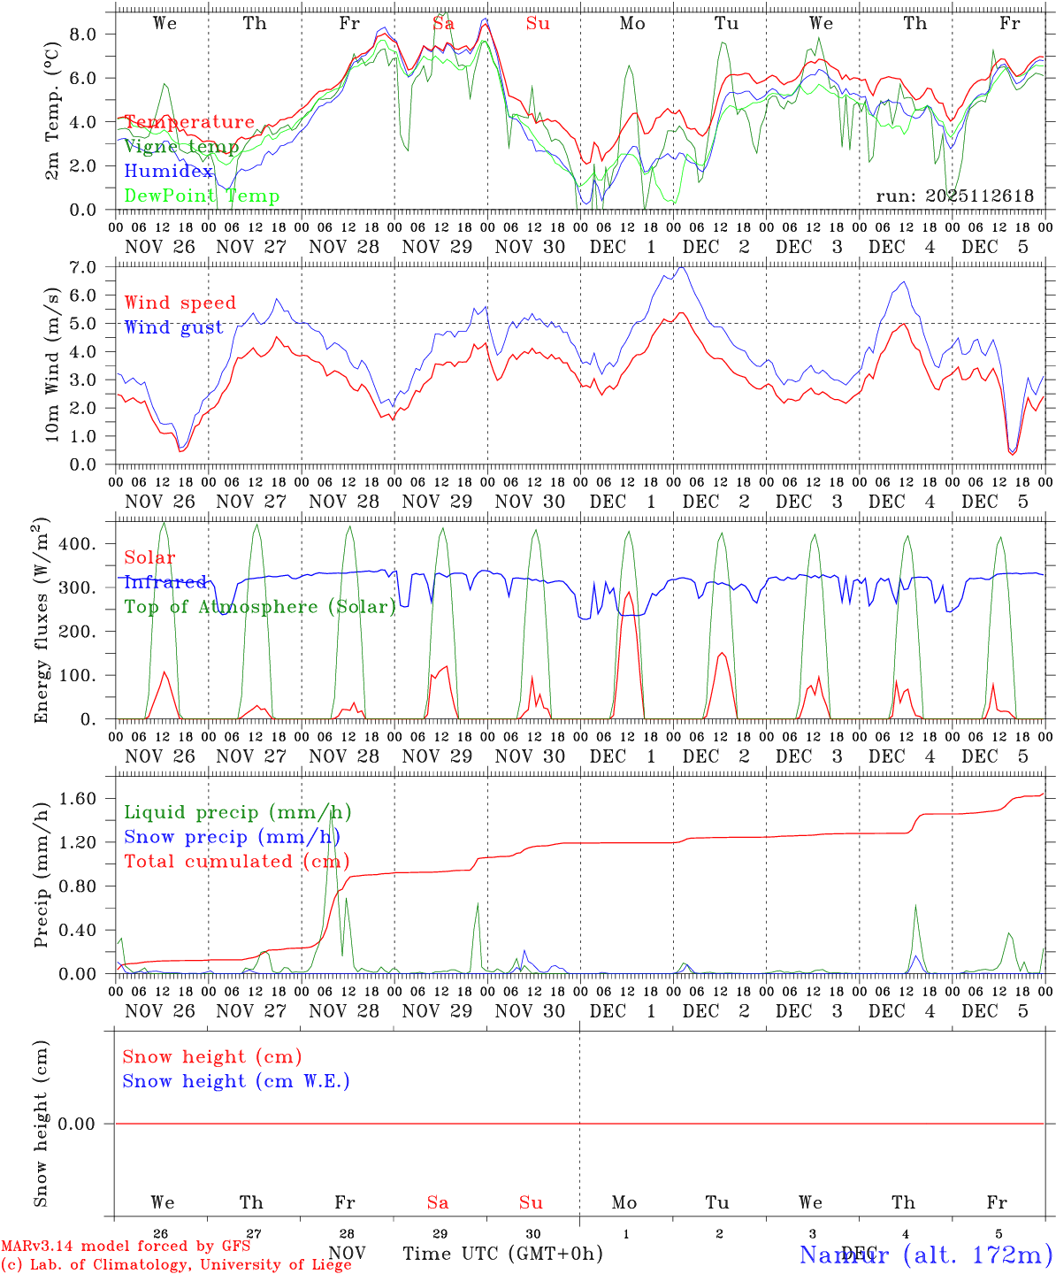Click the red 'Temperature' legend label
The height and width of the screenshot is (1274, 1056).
[189, 122]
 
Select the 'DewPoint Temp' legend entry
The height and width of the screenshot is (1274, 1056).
[202, 196]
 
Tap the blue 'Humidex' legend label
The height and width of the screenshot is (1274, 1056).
[168, 172]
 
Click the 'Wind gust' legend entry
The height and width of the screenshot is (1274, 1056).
[173, 327]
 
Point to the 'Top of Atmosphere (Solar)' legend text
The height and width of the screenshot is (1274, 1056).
[259, 607]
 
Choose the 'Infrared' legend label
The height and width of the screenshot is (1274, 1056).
[165, 582]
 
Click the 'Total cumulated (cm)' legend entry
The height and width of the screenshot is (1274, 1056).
[236, 862]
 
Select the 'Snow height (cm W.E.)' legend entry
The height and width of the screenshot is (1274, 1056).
[236, 1081]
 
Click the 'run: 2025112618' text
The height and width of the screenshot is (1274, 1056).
[954, 196]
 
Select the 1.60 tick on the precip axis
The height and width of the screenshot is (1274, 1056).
[83, 799]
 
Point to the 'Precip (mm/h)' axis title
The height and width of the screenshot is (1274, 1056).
[41, 875]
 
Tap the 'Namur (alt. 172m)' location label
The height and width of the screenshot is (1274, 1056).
[925, 1255]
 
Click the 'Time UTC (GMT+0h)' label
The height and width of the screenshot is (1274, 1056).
[502, 1254]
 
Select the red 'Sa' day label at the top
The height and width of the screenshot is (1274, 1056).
[443, 24]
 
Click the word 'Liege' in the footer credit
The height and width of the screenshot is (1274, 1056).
[326, 1265]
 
